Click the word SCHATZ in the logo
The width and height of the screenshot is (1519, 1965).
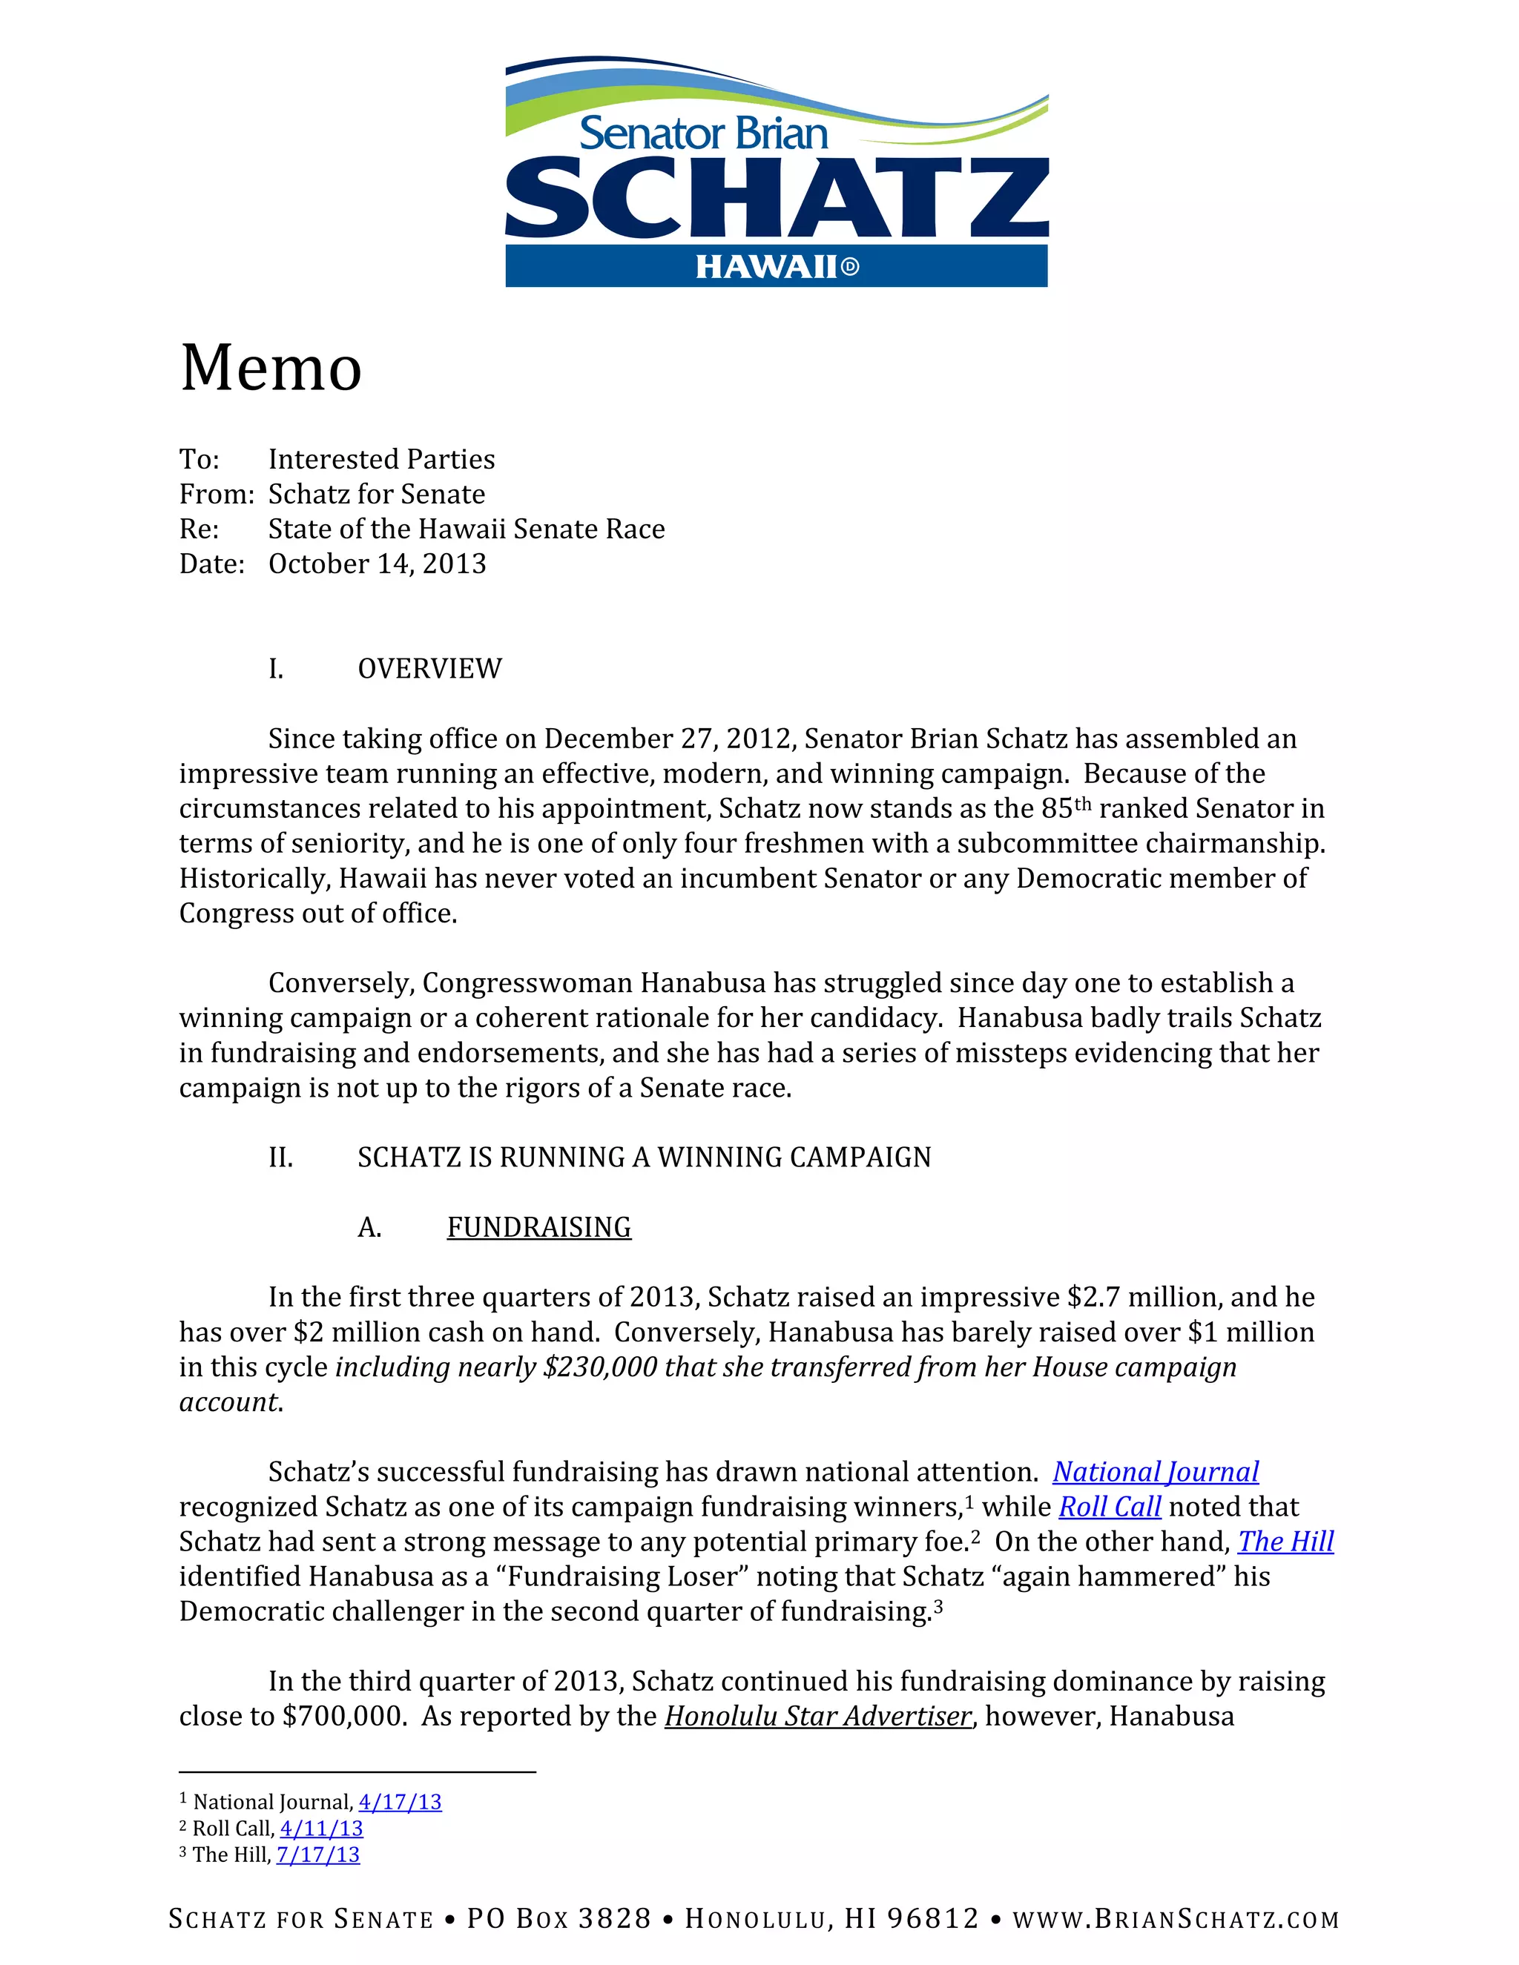777,199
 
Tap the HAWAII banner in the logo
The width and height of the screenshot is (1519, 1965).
777,267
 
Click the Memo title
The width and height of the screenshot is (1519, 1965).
271,368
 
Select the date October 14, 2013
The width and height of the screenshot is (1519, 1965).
377,564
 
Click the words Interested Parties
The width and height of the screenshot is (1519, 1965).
381,460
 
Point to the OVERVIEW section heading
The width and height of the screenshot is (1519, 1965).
429,669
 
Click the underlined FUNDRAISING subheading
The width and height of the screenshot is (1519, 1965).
539,1227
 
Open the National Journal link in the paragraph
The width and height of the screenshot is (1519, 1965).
1156,1472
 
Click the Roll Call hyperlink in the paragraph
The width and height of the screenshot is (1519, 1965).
1110,1507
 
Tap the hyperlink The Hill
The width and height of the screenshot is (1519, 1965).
1285,1542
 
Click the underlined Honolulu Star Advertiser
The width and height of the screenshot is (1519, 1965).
818,1717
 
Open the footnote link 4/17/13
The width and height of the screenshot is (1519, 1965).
401,1802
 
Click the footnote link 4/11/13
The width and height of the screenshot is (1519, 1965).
321,1829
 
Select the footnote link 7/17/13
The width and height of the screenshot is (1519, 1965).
318,1855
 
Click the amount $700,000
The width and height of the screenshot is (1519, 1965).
343,1717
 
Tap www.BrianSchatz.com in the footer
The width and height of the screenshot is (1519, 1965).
1176,1919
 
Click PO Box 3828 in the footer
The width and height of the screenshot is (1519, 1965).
558,1919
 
